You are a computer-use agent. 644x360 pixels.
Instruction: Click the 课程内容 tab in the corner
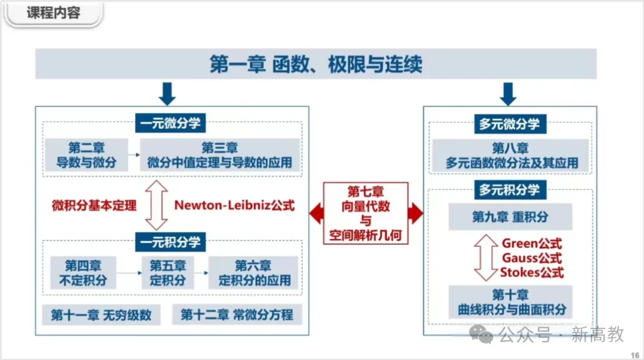(54, 13)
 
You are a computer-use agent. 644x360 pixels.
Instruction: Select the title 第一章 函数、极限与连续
(315, 64)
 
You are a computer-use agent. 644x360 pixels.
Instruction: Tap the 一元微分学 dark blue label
(171, 123)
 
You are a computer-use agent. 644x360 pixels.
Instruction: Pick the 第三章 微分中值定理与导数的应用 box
(219, 155)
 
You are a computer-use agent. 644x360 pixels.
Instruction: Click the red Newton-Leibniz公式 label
(234, 206)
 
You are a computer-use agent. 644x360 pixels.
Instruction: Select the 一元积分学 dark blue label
(171, 241)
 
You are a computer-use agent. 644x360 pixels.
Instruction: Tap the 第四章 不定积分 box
(83, 272)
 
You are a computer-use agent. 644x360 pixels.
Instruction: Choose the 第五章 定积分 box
(168, 272)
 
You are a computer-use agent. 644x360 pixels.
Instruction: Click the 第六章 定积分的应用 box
(253, 272)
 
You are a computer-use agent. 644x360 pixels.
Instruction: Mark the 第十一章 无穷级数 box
(101, 315)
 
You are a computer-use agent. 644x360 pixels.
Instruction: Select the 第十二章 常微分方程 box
(237, 315)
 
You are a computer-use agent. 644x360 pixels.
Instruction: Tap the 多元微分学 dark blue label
(509, 124)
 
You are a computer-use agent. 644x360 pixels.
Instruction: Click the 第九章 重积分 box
(510, 217)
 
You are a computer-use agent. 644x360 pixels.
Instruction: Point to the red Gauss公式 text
(532, 258)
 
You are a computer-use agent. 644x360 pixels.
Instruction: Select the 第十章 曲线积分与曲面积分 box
(510, 302)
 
